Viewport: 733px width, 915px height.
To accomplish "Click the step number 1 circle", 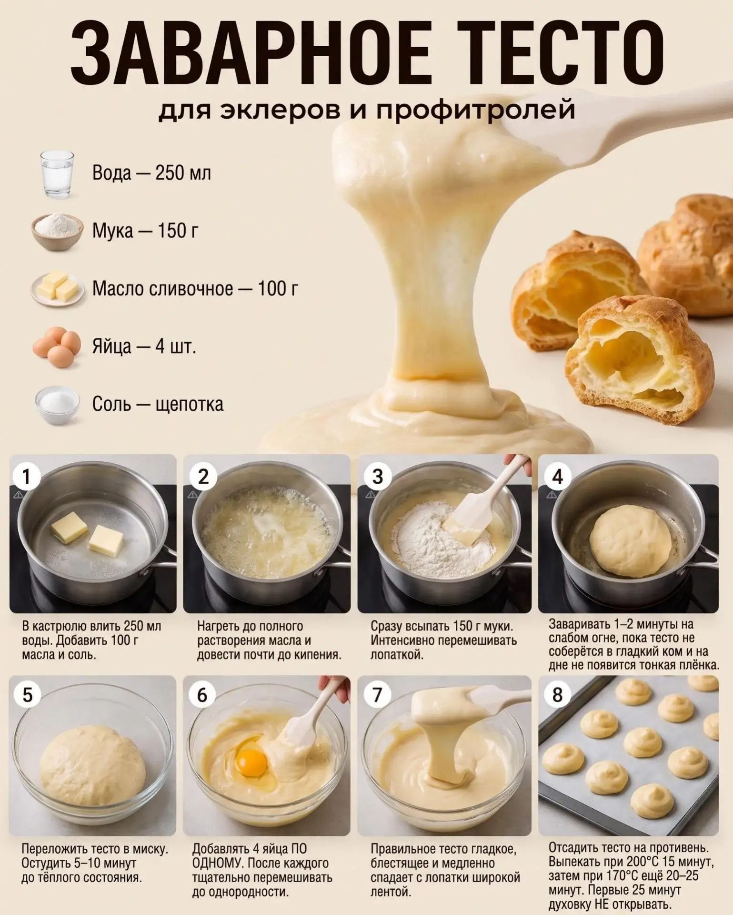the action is coord(26,477).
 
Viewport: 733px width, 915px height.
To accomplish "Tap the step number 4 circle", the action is coord(557,477).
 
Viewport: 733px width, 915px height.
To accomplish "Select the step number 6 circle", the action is coord(202,695).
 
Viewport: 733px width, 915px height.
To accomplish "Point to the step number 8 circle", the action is coord(557,695).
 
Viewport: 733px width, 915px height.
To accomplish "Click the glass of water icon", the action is coord(57,174).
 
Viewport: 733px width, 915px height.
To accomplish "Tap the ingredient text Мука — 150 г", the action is coord(145,232).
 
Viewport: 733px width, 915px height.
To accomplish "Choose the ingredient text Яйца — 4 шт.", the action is coord(144,346).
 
